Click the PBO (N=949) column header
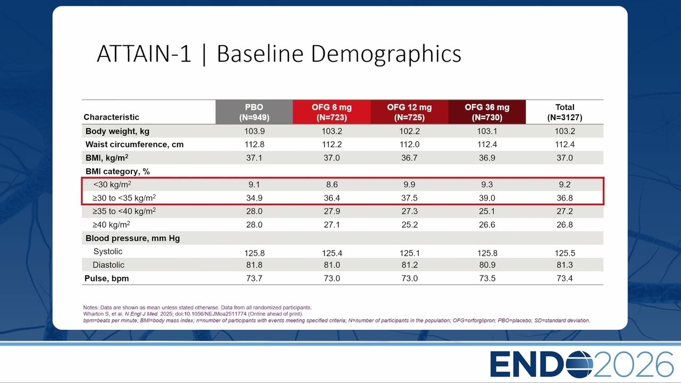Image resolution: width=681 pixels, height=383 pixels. coord(254,112)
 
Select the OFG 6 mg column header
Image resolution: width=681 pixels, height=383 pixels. coord(331,112)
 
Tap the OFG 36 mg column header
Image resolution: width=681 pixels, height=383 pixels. coord(487,112)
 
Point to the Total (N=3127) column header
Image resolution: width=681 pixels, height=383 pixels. coord(564,112)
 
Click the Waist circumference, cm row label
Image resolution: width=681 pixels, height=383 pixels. coord(135,144)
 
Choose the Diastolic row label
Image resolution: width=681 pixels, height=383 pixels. coord(109,265)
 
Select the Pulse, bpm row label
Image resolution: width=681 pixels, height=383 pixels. coord(107,278)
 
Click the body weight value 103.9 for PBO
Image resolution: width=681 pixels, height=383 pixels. coord(254,131)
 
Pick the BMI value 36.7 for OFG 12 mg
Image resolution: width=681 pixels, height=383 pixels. coord(409,158)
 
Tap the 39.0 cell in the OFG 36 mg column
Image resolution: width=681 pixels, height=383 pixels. coord(487,198)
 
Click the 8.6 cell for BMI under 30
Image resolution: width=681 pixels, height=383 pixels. coord(331,185)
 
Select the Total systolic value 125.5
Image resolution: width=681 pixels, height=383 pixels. coord(564,253)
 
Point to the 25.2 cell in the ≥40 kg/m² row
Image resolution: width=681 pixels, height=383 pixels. coord(409,224)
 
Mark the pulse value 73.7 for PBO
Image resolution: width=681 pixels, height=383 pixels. coord(254,278)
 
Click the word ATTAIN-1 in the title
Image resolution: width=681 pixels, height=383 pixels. coord(144,54)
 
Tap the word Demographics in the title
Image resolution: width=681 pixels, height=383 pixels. coord(386,55)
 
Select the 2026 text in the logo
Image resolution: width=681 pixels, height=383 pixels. coord(634,364)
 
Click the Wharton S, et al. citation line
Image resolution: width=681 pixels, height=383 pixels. coord(193,314)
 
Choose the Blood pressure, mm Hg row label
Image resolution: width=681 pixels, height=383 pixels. coord(132,238)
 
